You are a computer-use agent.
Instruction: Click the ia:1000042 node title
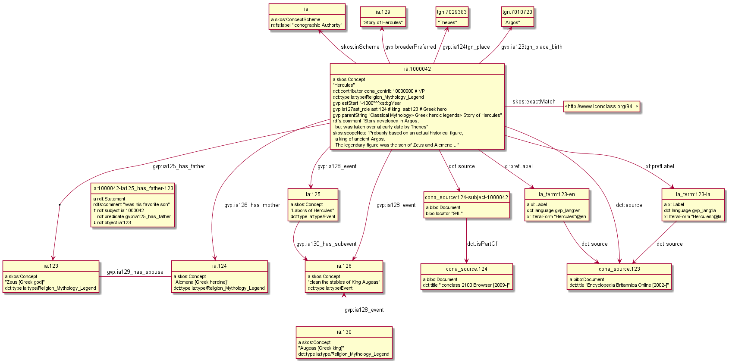click(x=417, y=69)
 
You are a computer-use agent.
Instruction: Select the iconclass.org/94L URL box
click(x=601, y=106)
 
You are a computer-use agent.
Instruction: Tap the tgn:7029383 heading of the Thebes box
click(x=452, y=12)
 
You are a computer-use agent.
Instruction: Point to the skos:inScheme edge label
click(x=360, y=47)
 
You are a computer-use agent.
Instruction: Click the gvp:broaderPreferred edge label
click(x=410, y=47)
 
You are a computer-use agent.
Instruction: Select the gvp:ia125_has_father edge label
click(x=179, y=166)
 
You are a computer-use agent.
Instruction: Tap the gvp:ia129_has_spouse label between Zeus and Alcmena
click(x=135, y=272)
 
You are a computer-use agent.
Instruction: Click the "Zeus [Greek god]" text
click(x=25, y=282)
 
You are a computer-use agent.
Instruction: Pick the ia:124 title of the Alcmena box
click(x=219, y=266)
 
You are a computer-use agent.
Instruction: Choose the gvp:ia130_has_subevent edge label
click(x=326, y=244)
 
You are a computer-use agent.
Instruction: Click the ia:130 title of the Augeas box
click(x=344, y=332)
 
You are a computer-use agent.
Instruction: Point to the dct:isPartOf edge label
click(x=482, y=244)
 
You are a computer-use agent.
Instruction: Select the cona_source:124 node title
click(x=467, y=269)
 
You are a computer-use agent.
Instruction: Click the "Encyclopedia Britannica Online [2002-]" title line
click(x=619, y=285)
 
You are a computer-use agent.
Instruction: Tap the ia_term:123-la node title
click(x=693, y=194)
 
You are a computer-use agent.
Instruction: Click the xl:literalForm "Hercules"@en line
click(x=556, y=217)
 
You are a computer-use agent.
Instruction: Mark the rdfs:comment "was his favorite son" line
click(x=131, y=205)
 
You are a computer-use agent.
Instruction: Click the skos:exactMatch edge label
click(x=534, y=102)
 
